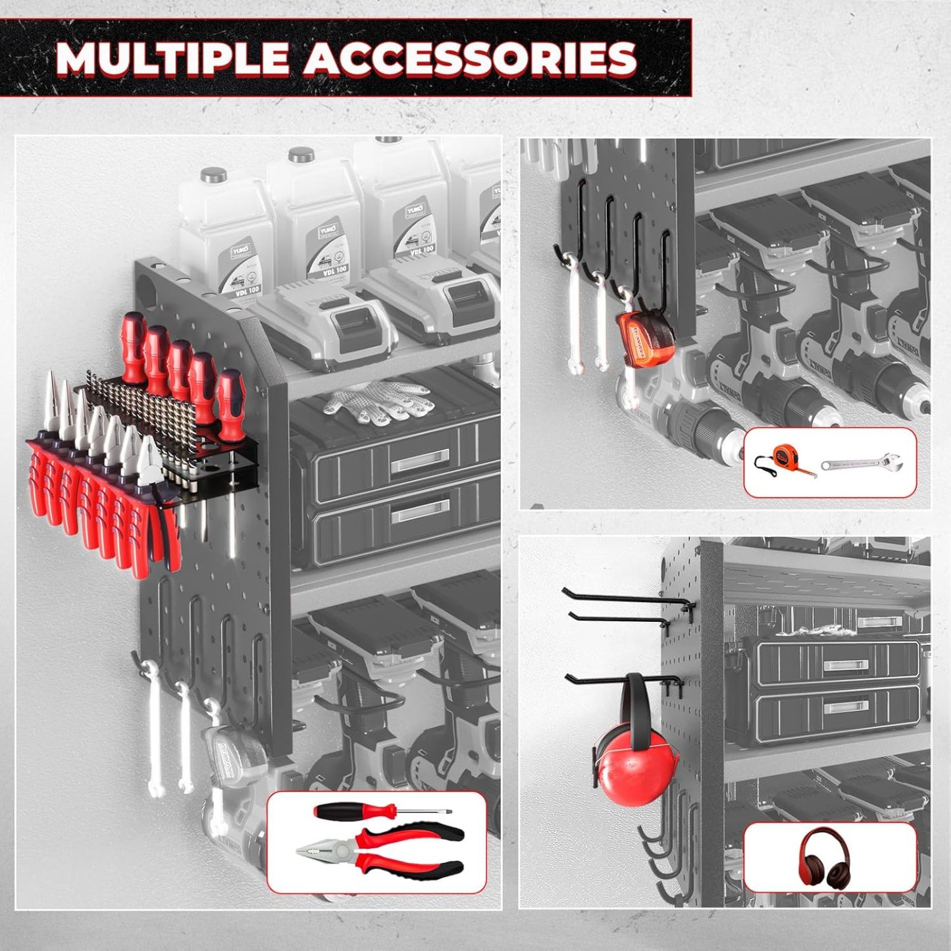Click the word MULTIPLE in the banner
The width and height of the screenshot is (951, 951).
pos(172,58)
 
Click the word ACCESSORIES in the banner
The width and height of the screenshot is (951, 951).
pos(469,58)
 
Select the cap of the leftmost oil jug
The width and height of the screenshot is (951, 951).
pos(214,175)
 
